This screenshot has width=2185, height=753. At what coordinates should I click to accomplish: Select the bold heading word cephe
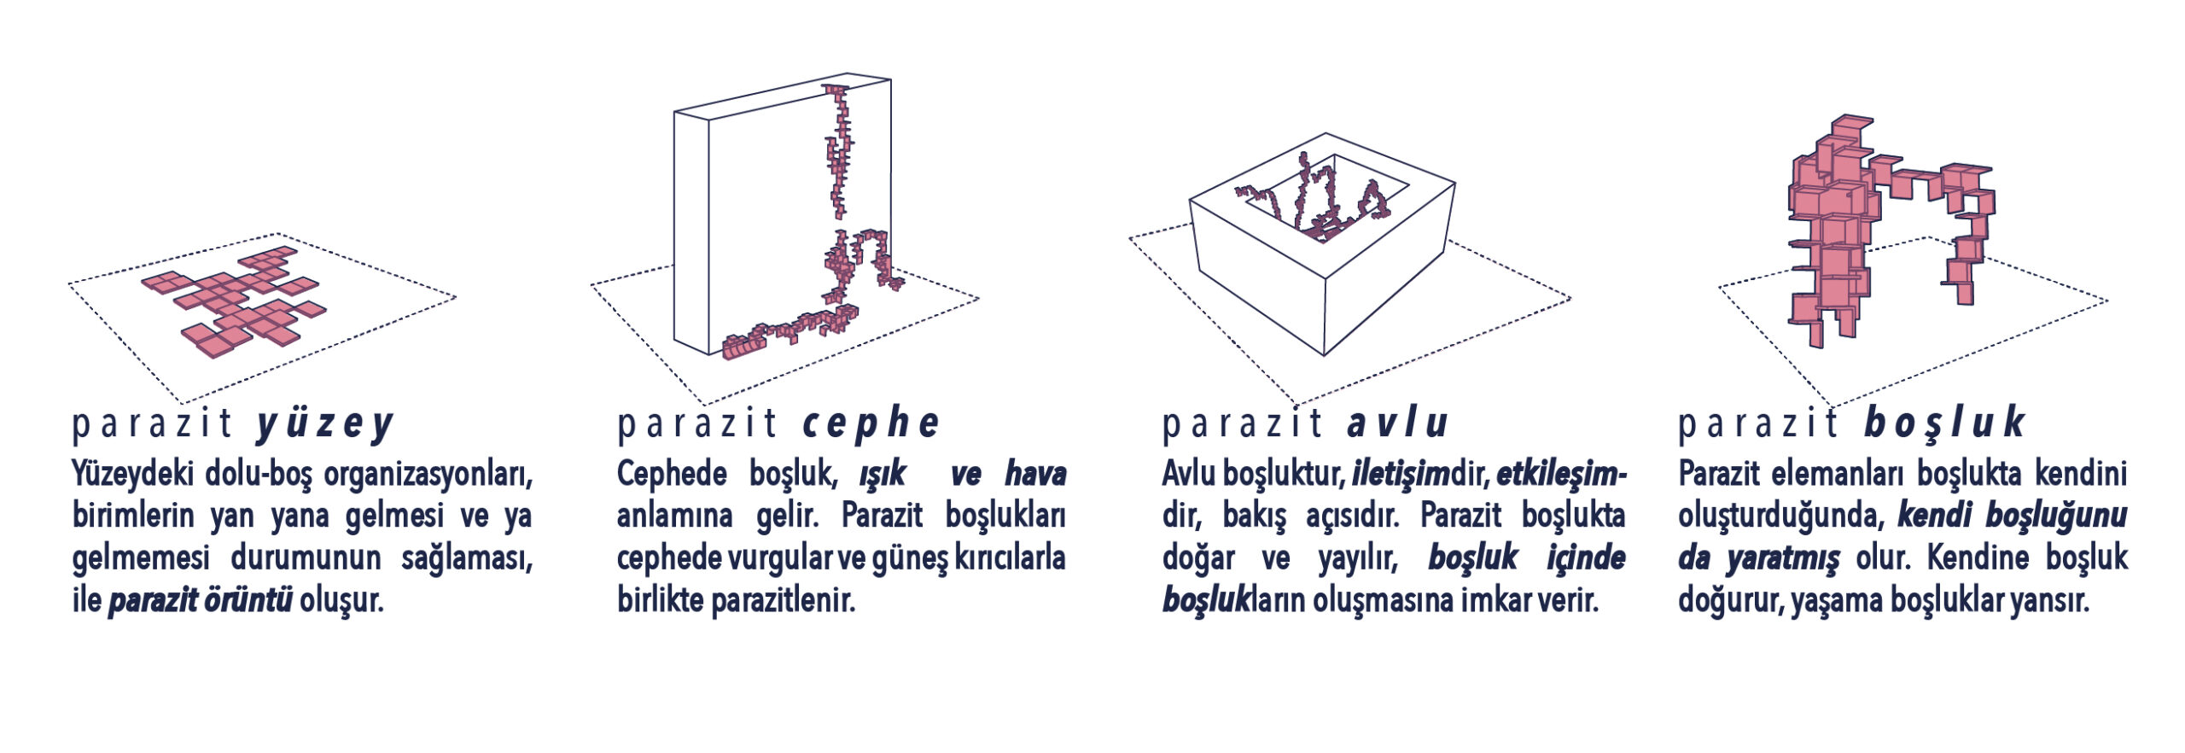click(x=871, y=423)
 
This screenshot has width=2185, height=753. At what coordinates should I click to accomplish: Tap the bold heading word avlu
click(x=1397, y=423)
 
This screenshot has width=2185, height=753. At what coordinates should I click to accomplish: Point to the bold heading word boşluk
click(x=1944, y=423)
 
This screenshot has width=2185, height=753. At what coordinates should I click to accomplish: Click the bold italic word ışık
click(x=882, y=475)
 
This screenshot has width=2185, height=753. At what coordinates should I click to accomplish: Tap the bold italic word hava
click(x=1035, y=474)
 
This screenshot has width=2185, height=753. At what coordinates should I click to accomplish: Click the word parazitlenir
click(x=783, y=601)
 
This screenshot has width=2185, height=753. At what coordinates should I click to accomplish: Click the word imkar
click(x=1500, y=601)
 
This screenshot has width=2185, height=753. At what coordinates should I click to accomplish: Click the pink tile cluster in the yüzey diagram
click(x=235, y=301)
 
